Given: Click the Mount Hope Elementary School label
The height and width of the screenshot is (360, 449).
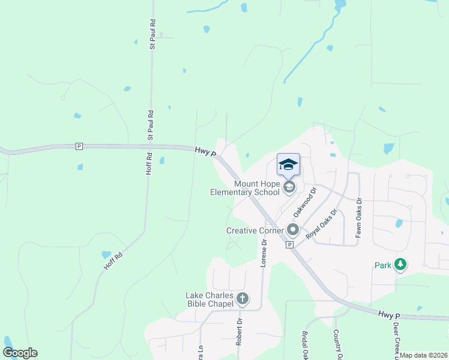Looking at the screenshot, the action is tap(245, 188).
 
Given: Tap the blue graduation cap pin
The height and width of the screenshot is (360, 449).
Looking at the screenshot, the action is tap(288, 164).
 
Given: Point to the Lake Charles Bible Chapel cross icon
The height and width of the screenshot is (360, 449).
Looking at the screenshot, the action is tap(243, 298).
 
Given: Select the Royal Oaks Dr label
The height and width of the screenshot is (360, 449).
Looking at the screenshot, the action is tap(322, 224).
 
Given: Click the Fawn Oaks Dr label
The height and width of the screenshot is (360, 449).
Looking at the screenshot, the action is tap(358, 217).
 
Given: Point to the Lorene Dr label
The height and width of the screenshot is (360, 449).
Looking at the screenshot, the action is tap(263, 253).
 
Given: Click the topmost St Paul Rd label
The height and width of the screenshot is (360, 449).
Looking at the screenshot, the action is tap(153, 34).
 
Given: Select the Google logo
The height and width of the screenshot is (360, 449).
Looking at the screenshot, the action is tap(20, 353).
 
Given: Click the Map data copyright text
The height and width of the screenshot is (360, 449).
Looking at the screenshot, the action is tap(424, 355).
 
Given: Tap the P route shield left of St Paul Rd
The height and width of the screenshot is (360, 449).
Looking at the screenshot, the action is tap(79, 146).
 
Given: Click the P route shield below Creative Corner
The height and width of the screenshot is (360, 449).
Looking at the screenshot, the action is tap(289, 245).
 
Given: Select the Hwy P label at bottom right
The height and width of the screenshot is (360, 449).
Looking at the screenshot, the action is tap(388, 314).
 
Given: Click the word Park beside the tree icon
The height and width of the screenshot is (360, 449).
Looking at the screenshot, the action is tap(383, 265).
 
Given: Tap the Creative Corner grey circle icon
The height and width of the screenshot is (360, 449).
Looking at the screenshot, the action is tap(293, 230).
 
